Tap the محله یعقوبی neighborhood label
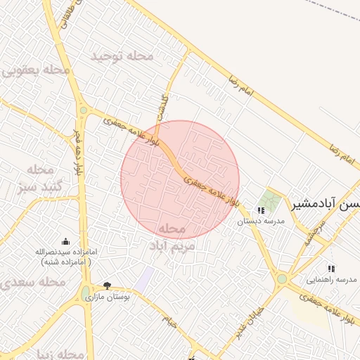point(37,70)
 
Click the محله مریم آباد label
point(170,238)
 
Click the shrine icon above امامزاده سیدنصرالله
point(66,242)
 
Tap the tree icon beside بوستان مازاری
point(107,286)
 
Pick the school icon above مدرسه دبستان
point(261,210)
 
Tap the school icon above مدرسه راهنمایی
point(331,269)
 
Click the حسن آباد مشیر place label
point(325,204)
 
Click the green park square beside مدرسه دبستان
point(267,200)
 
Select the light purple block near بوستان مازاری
point(144,280)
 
